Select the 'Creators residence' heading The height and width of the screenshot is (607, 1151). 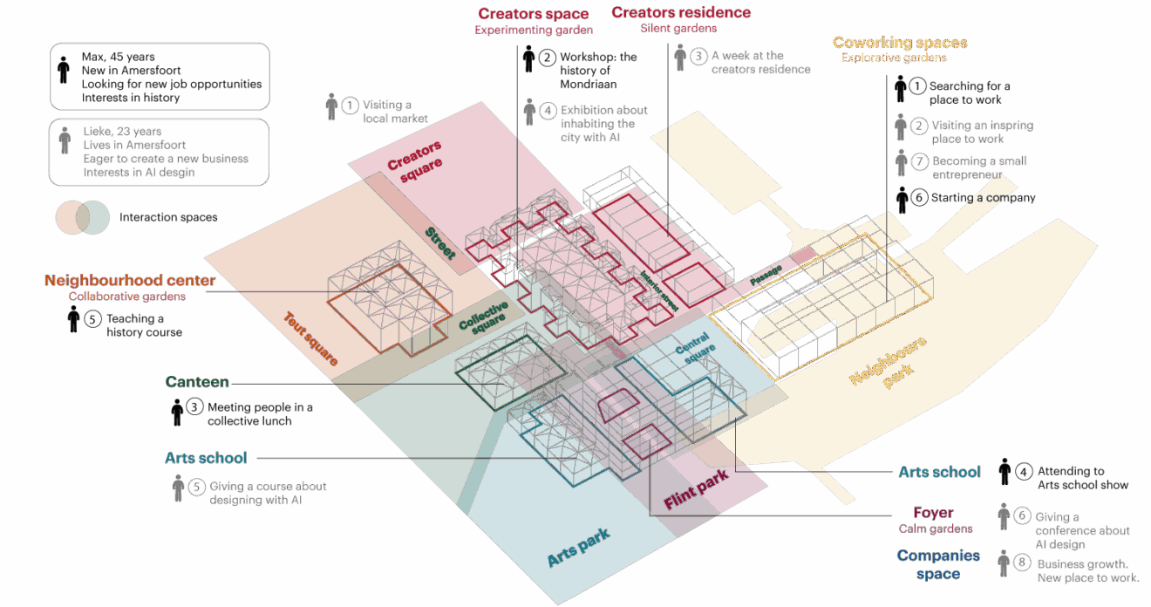tap(681, 12)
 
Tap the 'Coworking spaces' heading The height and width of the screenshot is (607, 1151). tap(899, 43)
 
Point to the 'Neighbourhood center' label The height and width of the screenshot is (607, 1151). tap(130, 281)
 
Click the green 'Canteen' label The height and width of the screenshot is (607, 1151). tap(198, 382)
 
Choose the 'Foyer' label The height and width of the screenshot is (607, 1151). tap(933, 513)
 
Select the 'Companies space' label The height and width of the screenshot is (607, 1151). tap(937, 563)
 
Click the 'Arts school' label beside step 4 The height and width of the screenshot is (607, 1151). tap(940, 472)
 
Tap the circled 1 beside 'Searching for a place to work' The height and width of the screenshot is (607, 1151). tap(917, 86)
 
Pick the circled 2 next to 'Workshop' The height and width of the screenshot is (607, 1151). tap(547, 58)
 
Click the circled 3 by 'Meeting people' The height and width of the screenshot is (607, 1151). tap(195, 407)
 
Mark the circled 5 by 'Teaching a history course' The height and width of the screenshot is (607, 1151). tap(94, 318)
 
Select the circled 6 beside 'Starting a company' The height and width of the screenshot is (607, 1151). tap(918, 198)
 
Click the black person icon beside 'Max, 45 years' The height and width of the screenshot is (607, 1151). tap(63, 70)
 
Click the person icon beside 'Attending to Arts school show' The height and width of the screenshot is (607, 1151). tap(1005, 472)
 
